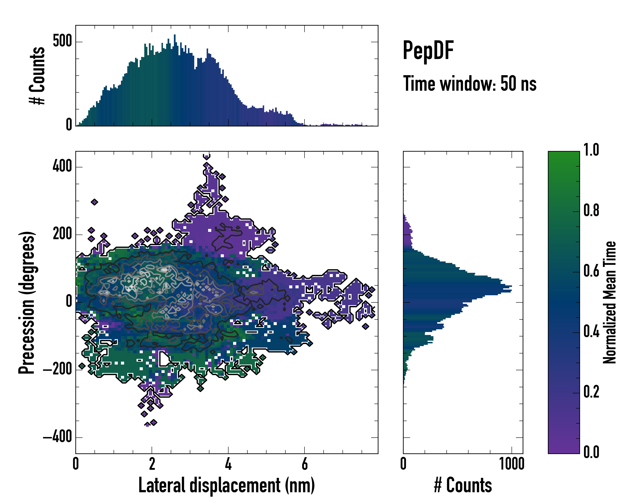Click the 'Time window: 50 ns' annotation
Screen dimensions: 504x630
tap(470, 84)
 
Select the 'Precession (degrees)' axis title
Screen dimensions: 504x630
tap(27, 302)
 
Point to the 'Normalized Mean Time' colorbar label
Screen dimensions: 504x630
tap(610, 302)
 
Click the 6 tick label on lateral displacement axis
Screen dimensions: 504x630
tap(304, 464)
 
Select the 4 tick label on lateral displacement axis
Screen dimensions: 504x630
tap(228, 464)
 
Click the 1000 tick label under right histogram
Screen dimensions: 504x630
tap(512, 464)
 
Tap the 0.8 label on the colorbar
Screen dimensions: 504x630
tap(591, 210)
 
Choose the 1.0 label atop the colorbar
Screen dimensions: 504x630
tap(591, 150)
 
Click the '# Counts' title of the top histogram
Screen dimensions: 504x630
tap(37, 76)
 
